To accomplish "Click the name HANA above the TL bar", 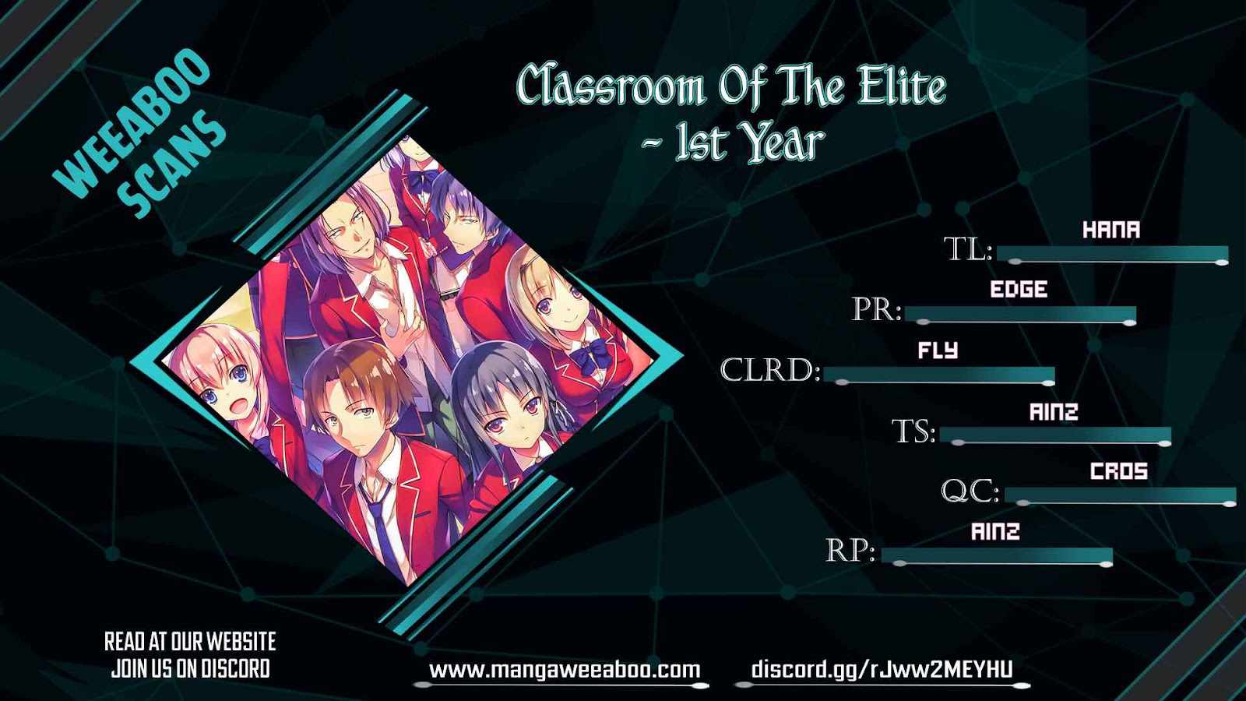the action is tap(1110, 230).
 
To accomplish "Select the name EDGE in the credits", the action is tap(1019, 289).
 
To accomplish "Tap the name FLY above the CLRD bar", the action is tap(938, 350).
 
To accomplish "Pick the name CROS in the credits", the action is tap(1118, 472).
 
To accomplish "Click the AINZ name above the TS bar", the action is tap(1054, 412).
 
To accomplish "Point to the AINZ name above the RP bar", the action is tap(996, 532).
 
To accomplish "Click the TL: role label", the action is tap(969, 249).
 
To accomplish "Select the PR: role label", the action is tap(877, 310).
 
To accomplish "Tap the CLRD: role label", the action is tap(771, 370).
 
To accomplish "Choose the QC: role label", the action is tap(970, 491).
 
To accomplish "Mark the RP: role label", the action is tap(850, 551).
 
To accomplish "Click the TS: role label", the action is tap(914, 432).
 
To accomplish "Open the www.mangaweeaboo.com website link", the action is tap(565, 670).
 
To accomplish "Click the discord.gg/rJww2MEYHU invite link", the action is tap(882, 670).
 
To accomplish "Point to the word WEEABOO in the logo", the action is tap(132, 122).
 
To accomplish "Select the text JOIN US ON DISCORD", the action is tap(190, 669).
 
